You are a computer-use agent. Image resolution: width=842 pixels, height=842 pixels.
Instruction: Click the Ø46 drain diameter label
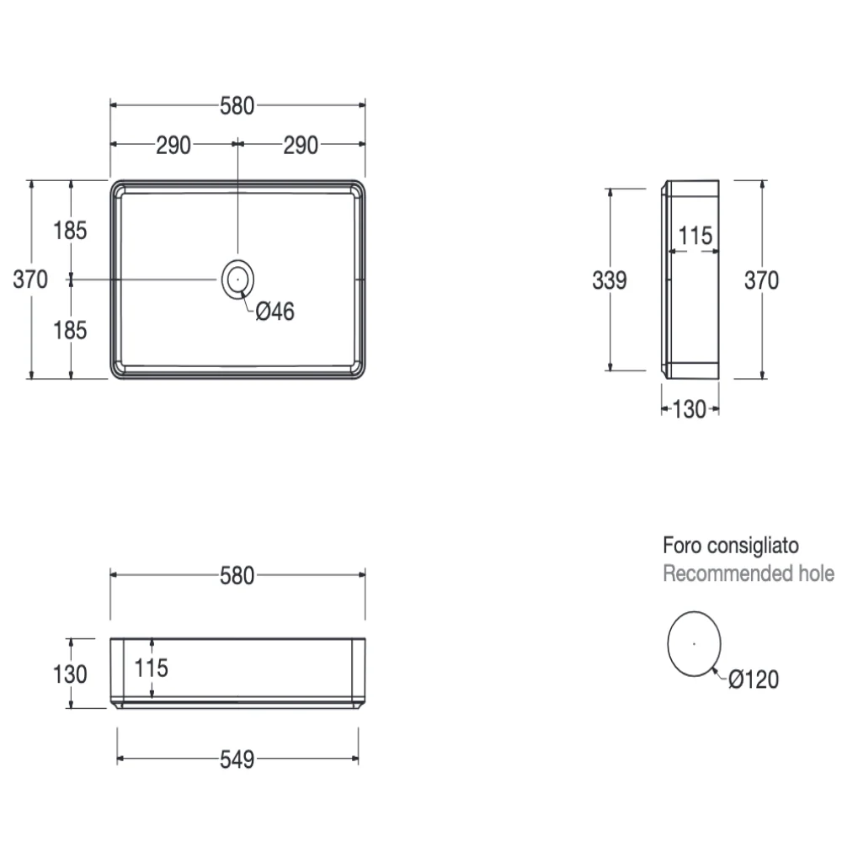275,312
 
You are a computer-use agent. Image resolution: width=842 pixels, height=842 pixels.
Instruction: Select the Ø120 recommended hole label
754,679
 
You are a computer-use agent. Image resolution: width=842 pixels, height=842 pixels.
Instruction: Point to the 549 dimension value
237,759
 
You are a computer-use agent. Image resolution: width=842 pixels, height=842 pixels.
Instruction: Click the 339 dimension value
610,280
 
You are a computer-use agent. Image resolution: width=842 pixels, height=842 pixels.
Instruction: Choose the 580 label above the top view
237,106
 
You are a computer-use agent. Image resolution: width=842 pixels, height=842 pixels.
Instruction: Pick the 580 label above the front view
237,576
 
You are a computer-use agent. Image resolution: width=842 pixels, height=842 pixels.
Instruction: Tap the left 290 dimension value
173,146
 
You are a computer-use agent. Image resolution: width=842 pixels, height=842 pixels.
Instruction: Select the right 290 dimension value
301,146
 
